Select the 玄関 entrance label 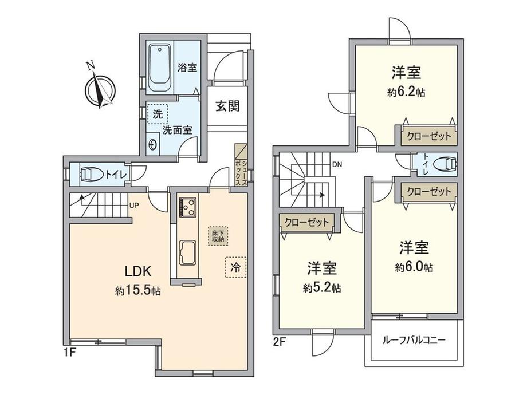point(227,106)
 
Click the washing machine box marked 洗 point(158,113)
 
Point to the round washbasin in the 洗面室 point(152,145)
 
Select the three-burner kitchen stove point(187,207)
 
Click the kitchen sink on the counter point(187,253)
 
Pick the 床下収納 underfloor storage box point(218,236)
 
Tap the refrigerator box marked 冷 point(235,267)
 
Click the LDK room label point(138,271)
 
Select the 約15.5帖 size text point(137,291)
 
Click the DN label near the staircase point(337,165)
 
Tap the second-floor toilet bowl point(445,164)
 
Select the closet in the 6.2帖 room point(428,136)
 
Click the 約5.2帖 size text point(322,288)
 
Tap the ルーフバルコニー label point(414,341)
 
